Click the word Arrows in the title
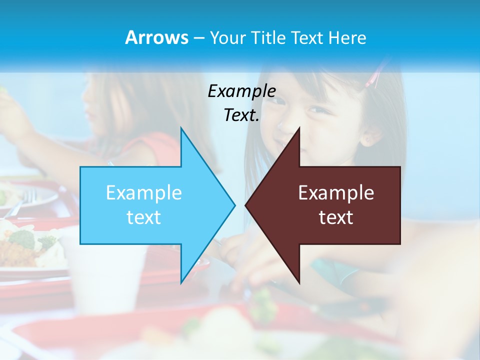click(156, 37)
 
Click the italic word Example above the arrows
click(241, 91)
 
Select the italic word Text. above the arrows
click(241, 115)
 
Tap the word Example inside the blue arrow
click(144, 192)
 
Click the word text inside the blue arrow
click(144, 217)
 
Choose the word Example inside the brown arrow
click(336, 192)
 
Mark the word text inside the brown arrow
click(336, 217)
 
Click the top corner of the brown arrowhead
click(299, 128)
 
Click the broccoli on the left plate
click(22, 239)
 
